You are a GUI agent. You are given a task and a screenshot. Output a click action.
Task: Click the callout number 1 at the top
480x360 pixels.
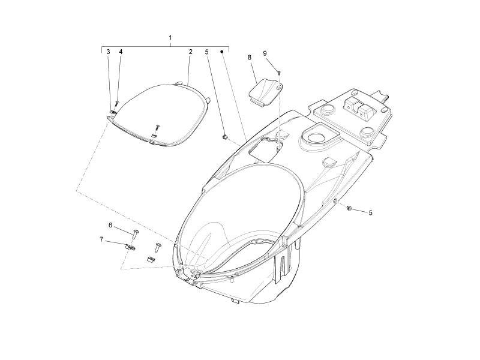pyautogui.click(x=170, y=38)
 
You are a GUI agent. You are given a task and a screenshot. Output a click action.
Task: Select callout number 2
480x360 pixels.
pyautogui.click(x=190, y=52)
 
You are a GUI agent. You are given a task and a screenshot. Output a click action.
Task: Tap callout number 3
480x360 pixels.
pyautogui.click(x=108, y=52)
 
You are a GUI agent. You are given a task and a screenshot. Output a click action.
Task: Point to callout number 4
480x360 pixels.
pyautogui.click(x=121, y=52)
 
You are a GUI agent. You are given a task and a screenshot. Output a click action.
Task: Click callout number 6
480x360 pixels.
pyautogui.click(x=110, y=225)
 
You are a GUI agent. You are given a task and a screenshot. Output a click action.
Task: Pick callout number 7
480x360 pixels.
pyautogui.click(x=101, y=239)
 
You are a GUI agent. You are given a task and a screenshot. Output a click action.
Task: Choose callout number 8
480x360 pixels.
pyautogui.click(x=250, y=57)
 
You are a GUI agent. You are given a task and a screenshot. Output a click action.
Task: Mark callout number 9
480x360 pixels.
pyautogui.click(x=265, y=53)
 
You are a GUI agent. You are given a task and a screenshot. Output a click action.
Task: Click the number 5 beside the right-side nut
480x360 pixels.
pyautogui.click(x=370, y=212)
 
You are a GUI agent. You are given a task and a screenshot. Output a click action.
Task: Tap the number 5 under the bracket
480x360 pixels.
pyautogui.click(x=206, y=52)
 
